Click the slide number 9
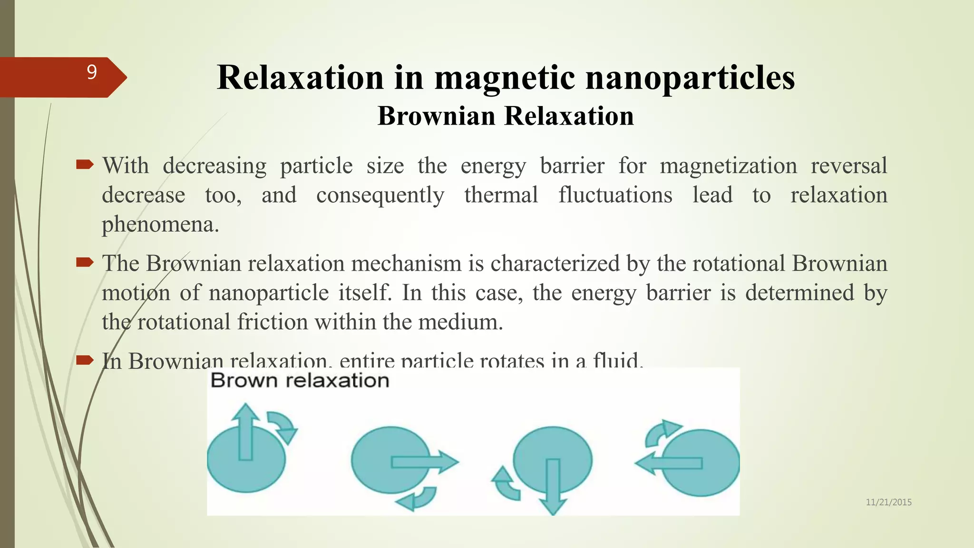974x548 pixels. click(92, 72)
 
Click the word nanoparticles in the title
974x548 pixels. click(690, 78)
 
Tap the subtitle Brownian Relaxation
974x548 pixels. click(506, 116)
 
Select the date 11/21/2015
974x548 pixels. click(888, 502)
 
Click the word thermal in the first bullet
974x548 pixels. click(501, 195)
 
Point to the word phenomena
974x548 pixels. click(160, 225)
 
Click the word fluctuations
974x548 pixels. click(615, 195)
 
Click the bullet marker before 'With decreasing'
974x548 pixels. click(85, 165)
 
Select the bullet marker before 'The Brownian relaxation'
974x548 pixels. click(85, 263)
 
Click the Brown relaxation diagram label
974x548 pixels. click(300, 381)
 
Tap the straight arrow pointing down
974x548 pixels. click(552, 486)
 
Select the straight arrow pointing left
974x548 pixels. click(669, 463)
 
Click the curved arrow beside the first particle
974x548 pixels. click(282, 426)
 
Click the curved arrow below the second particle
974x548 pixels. click(417, 499)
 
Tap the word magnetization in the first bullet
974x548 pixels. click(728, 166)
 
